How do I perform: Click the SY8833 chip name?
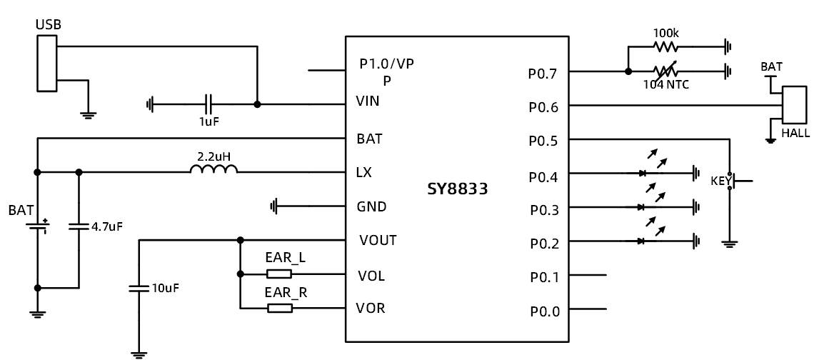[457, 190]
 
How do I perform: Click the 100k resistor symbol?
[665, 48]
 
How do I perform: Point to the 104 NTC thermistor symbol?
[665, 71]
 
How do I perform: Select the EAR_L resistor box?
[279, 274]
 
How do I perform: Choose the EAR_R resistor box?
[279, 308]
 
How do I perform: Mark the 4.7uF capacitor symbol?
[78, 226]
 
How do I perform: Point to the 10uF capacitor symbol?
[139, 289]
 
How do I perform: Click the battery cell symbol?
[37, 226]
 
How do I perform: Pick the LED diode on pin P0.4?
[641, 173]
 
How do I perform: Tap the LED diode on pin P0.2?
[641, 241]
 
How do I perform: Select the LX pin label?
[363, 172]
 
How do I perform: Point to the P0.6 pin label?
[543, 107]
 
